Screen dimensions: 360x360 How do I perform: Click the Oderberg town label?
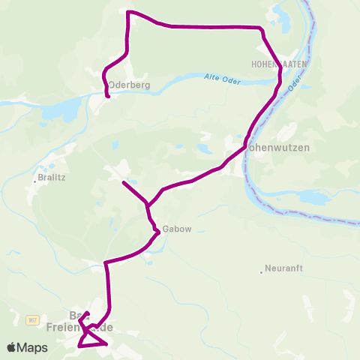(130, 85)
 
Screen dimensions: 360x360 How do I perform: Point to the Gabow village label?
(171, 230)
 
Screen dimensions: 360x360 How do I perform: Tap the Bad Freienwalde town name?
(79, 322)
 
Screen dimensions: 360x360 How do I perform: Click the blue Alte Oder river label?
(222, 79)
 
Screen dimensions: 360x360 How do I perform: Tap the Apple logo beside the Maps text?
(11, 348)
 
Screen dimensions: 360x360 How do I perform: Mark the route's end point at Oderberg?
(108, 97)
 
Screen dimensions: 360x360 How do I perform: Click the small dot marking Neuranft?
(259, 271)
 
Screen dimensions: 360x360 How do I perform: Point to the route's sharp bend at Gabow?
(159, 234)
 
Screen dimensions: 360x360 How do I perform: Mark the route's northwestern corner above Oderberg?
(128, 12)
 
